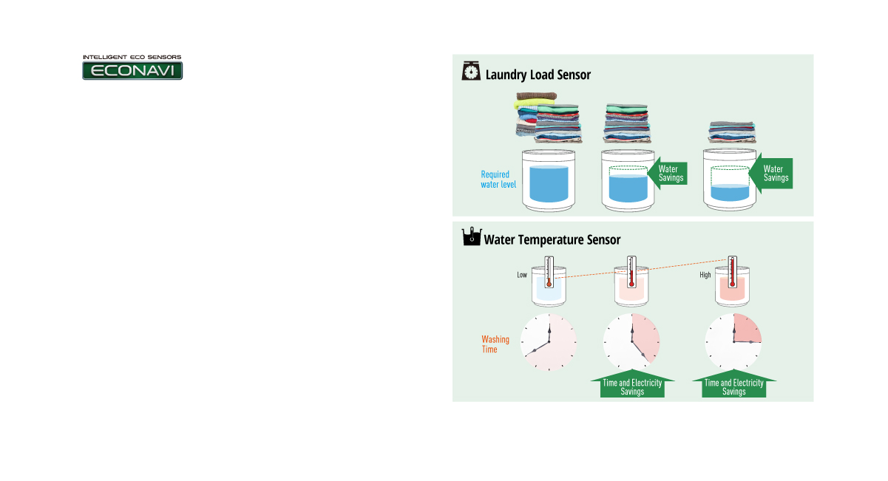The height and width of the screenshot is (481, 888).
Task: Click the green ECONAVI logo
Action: coord(132,70)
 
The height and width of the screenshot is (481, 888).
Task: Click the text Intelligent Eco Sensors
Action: coord(132,56)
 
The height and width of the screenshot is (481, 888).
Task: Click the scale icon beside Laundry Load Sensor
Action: coord(470,72)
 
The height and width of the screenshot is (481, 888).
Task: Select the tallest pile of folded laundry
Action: coord(548,117)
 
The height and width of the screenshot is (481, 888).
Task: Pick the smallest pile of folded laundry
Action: coord(732,132)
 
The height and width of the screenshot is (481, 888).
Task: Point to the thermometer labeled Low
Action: coord(549,273)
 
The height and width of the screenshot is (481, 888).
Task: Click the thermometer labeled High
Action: coord(732,272)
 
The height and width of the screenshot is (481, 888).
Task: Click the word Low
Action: coord(522,276)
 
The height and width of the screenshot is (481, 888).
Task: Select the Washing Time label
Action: coord(495,344)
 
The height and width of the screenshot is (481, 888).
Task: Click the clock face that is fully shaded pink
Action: coord(549,343)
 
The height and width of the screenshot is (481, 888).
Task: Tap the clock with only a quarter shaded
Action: coord(733,343)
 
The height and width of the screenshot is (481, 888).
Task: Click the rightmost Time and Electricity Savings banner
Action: coord(733,387)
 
